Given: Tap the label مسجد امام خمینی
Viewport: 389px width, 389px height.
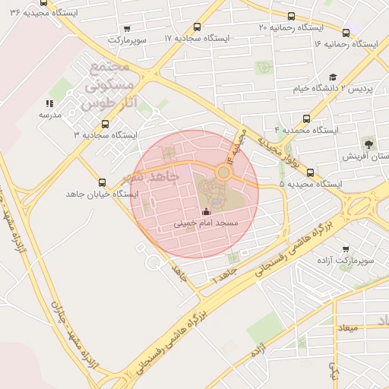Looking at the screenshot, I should pyautogui.click(x=206, y=223).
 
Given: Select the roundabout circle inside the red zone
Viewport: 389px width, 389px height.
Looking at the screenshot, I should pyautogui.click(x=223, y=172).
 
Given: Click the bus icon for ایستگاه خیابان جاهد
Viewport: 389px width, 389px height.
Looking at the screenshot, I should pyautogui.click(x=103, y=182).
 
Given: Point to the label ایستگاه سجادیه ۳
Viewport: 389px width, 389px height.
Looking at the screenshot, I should pyautogui.click(x=105, y=134).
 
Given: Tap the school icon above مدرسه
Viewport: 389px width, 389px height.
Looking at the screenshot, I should pyautogui.click(x=49, y=103).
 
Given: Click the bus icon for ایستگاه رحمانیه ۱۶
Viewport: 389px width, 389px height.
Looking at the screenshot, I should pyautogui.click(x=346, y=33).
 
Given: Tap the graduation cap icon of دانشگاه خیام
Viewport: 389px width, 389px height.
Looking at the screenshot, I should pyautogui.click(x=333, y=77).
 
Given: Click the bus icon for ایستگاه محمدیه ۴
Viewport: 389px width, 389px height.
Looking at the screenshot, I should pyautogui.click(x=306, y=119).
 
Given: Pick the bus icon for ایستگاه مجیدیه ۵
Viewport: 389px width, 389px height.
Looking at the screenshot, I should pyautogui.click(x=311, y=172).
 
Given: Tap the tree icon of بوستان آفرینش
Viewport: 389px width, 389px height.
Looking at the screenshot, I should pyautogui.click(x=369, y=143).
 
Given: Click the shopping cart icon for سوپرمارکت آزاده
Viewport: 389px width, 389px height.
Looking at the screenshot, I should pyautogui.click(x=346, y=248).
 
